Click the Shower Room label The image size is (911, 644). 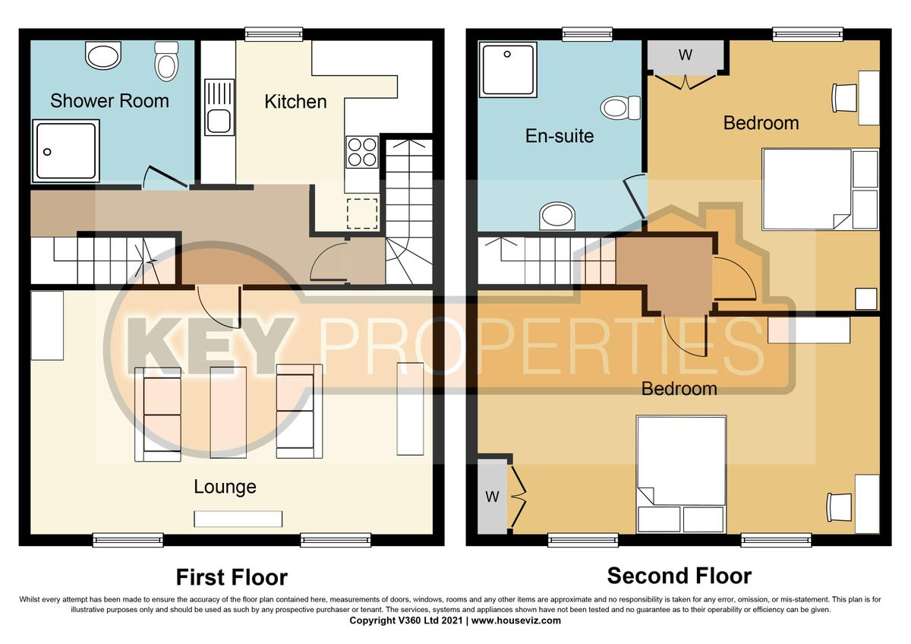pos(109,100)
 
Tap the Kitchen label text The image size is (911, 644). pos(295,101)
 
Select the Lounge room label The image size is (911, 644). pos(225,487)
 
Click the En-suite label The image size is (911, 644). pos(560,136)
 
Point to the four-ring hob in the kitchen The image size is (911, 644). pos(362,151)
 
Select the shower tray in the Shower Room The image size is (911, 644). pos(65,151)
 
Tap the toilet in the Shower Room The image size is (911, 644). pos(166,61)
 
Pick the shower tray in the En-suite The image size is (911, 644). pos(509,69)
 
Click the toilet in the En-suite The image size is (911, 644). pos(622,108)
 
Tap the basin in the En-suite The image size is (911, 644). pos(558,217)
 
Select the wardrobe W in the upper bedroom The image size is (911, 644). pos(686,55)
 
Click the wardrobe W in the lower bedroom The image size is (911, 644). pos(492,497)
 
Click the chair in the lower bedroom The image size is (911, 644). pos(839,504)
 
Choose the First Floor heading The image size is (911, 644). pos(232,577)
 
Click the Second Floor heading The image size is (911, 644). pos(679,576)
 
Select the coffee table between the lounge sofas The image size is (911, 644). pos(229,412)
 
